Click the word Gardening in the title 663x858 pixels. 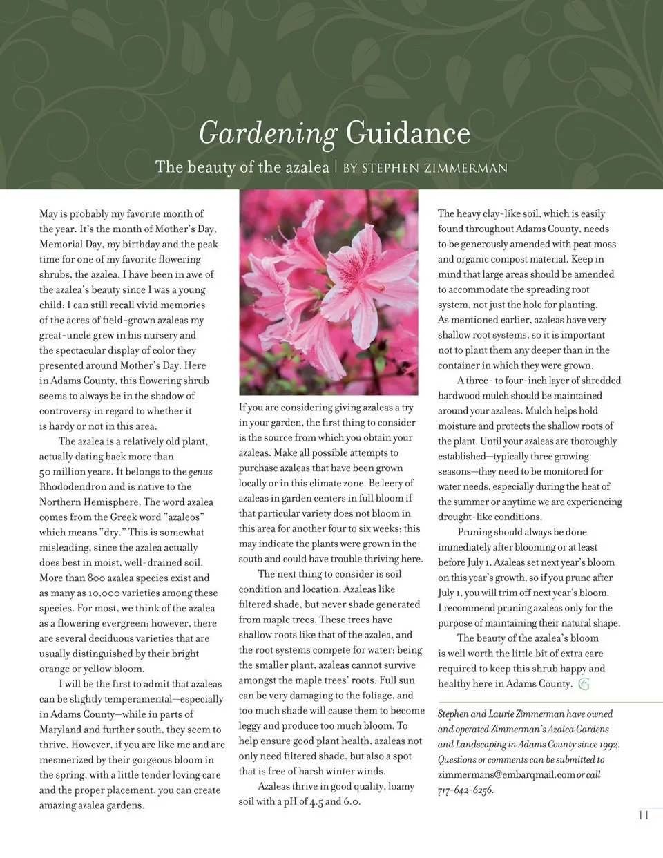click(267, 133)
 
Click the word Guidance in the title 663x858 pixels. click(407, 133)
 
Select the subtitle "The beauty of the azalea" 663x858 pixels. click(242, 167)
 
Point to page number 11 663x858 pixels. click(643, 815)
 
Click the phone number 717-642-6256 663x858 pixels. click(465, 790)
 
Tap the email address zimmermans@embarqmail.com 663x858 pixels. click(506, 775)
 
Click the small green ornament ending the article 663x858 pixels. click(584, 685)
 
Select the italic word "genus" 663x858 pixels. click(200, 472)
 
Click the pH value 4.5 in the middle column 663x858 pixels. click(316, 802)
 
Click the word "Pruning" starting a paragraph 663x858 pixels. click(474, 532)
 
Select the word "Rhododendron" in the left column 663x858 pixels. click(73, 487)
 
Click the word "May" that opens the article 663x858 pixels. click(48, 214)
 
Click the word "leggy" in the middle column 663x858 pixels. click(251, 726)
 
